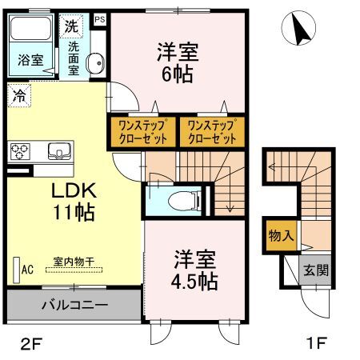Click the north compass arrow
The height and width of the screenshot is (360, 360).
(301, 30)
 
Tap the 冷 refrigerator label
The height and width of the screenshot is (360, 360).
(18, 95)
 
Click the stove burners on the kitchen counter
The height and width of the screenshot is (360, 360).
(19, 150)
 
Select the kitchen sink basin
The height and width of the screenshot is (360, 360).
(59, 150)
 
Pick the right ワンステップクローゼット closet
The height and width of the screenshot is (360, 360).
(211, 130)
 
